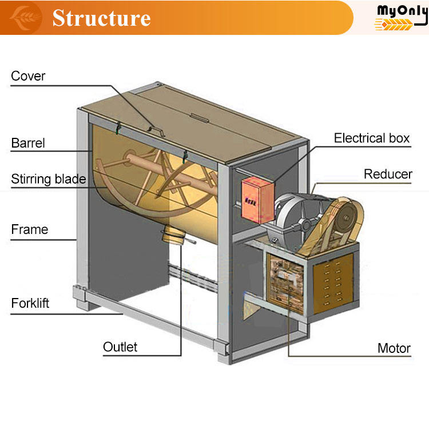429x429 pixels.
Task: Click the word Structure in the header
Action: coord(101,18)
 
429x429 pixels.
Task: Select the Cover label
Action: coord(28,76)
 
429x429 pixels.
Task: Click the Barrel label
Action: coord(28,142)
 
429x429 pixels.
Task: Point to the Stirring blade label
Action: coord(49,179)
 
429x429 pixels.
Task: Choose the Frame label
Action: coord(30,229)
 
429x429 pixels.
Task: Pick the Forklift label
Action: coord(30,303)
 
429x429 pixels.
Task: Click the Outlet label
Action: coord(120,347)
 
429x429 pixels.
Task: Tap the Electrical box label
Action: coord(372,138)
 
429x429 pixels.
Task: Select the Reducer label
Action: coord(388,174)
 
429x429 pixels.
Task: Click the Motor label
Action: coord(394,348)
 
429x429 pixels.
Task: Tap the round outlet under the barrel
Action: coord(174,235)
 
